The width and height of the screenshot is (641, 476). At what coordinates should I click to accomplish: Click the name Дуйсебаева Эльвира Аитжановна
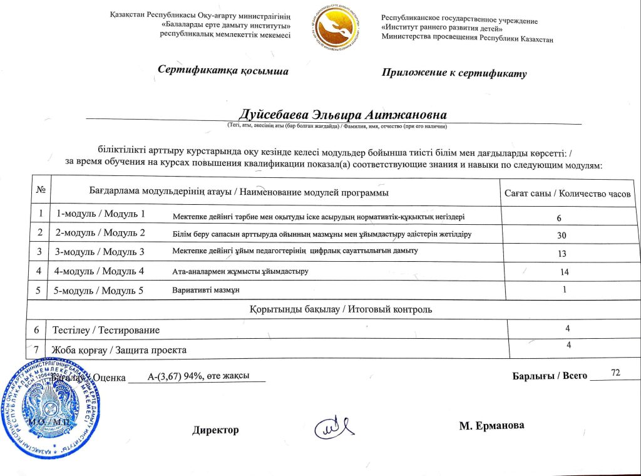tap(342, 115)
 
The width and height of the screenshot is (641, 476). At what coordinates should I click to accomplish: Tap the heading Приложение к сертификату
tap(454, 73)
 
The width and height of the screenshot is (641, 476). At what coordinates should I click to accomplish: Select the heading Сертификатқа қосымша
tap(223, 71)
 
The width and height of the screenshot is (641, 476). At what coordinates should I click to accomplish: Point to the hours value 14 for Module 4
tap(565, 272)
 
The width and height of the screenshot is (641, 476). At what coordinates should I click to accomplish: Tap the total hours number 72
tap(615, 373)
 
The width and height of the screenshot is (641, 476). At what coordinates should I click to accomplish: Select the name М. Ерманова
tap(491, 426)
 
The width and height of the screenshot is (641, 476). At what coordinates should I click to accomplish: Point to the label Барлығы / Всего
tap(550, 376)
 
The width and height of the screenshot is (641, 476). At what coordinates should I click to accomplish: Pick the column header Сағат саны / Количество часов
tap(567, 193)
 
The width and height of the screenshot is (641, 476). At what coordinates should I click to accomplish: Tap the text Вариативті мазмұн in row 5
tap(206, 291)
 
